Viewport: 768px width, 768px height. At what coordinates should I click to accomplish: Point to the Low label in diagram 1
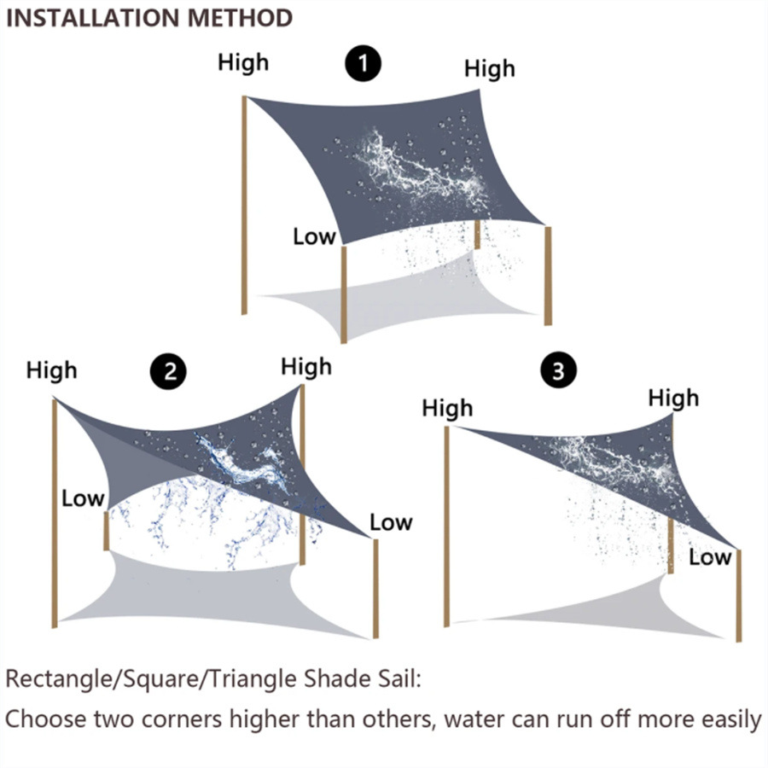click(x=314, y=236)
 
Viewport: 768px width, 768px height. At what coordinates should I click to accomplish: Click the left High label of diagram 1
click(x=243, y=62)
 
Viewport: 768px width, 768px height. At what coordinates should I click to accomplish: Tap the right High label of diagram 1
click(x=490, y=69)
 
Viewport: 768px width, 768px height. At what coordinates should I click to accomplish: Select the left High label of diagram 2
click(x=51, y=370)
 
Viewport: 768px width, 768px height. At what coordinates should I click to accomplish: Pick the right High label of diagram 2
click(x=305, y=367)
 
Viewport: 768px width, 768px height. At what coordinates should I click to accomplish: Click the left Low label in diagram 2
click(x=83, y=498)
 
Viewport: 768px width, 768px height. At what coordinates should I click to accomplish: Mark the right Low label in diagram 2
click(x=391, y=522)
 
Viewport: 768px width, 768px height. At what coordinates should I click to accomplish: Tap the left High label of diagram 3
click(x=447, y=409)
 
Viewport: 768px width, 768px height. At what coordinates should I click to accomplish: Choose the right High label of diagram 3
click(x=673, y=398)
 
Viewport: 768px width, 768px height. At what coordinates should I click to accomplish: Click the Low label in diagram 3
click(x=710, y=558)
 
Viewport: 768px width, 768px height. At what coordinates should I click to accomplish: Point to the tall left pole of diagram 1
click(x=246, y=205)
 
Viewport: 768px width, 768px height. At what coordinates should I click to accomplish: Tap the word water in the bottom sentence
click(x=477, y=719)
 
